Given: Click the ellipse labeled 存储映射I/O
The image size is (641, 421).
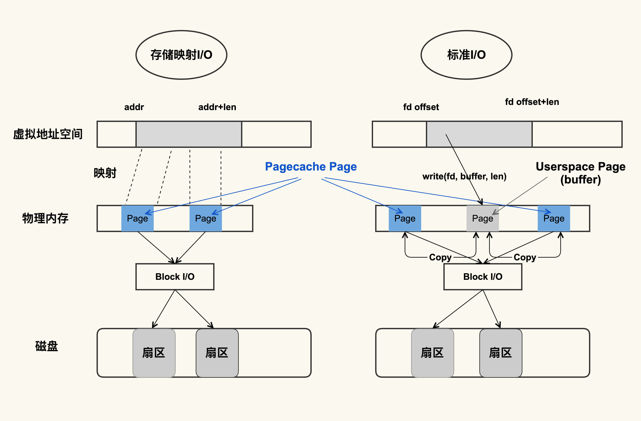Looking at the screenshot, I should coord(181,55).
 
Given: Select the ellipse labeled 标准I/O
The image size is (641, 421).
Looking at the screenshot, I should coord(466,55).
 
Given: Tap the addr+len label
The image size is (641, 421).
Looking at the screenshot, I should coord(217,107).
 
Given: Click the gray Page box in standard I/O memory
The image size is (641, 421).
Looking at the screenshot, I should coord(482,218).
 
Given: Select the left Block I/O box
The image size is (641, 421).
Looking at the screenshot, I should coord(175,276).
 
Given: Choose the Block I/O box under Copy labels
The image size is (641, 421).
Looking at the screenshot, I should coord(483,276).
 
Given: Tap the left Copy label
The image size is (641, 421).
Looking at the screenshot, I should coord(440,257).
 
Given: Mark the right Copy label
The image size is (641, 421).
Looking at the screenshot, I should coord(525,257).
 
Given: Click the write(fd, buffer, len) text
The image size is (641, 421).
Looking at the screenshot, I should coord(464,176).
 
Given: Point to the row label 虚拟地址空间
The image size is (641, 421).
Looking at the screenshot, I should coord(48,134).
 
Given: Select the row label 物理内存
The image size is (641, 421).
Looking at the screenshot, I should coord(45,218).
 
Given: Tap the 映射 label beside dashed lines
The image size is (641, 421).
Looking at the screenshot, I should coord(105,173).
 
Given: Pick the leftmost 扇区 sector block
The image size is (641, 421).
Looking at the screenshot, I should coord(154,353).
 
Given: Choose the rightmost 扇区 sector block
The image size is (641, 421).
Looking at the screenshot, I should coord(500,353).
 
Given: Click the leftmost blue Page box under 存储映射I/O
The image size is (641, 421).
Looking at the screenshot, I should coord(137,218).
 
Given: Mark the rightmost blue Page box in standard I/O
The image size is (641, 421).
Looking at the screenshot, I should coord(554,218).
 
